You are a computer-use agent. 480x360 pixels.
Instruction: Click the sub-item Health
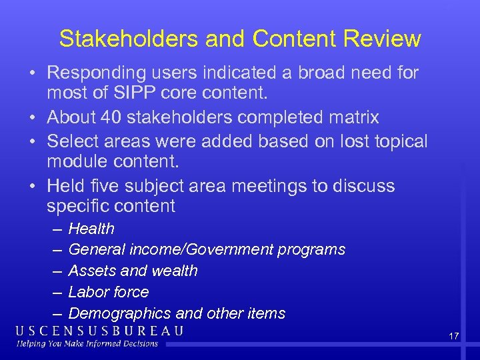coord(91,229)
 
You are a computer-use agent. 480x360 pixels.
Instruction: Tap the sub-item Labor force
coord(109,292)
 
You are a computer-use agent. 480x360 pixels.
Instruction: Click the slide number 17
coord(453,336)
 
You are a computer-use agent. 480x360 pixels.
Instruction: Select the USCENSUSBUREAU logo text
coord(100,331)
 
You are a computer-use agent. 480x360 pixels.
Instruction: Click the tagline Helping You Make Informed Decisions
coord(87,344)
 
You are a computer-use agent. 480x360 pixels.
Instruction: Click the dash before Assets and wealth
coord(54,271)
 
